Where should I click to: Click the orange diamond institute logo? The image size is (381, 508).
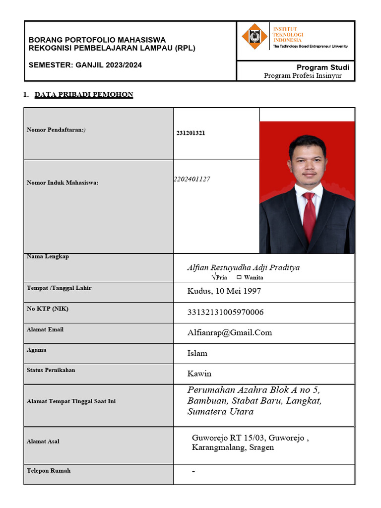(x=254, y=37)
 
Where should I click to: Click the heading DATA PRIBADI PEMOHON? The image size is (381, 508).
(x=83, y=95)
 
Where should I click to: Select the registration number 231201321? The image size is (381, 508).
(x=191, y=133)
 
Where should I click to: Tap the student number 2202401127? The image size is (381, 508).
(x=191, y=179)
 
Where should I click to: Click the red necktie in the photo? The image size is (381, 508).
(x=309, y=216)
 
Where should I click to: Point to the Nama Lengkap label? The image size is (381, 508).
(x=48, y=256)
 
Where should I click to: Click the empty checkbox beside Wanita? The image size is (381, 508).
(x=239, y=277)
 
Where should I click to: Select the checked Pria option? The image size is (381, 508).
(x=219, y=277)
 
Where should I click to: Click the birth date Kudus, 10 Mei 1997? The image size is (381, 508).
(x=224, y=291)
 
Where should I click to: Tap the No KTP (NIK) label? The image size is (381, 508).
(x=48, y=309)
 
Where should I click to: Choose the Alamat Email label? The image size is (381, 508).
(x=45, y=329)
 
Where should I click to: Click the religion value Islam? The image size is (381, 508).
(x=197, y=353)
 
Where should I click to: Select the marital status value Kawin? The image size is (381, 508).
(x=199, y=374)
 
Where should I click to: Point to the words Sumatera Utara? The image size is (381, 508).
(x=220, y=412)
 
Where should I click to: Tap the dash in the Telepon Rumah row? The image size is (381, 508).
(x=193, y=471)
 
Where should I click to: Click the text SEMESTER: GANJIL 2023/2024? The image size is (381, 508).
(x=85, y=65)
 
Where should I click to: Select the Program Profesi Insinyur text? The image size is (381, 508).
(x=303, y=76)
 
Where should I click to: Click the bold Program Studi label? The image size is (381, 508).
(x=322, y=67)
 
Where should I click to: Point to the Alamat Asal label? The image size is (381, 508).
(x=43, y=441)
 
